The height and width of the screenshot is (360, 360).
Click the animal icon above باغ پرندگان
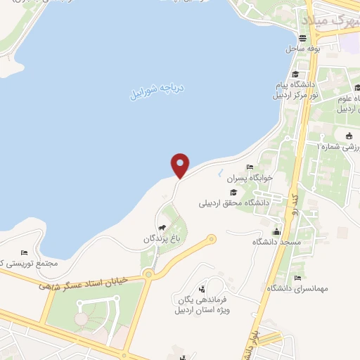point(162,228)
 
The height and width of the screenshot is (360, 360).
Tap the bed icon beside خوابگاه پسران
point(250,167)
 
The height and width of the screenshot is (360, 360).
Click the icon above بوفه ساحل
point(303,39)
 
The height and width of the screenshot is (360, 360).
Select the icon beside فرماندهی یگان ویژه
point(202,288)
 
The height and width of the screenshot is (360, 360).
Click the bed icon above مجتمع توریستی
point(24,252)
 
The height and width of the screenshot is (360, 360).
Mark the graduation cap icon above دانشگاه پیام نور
point(296,74)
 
